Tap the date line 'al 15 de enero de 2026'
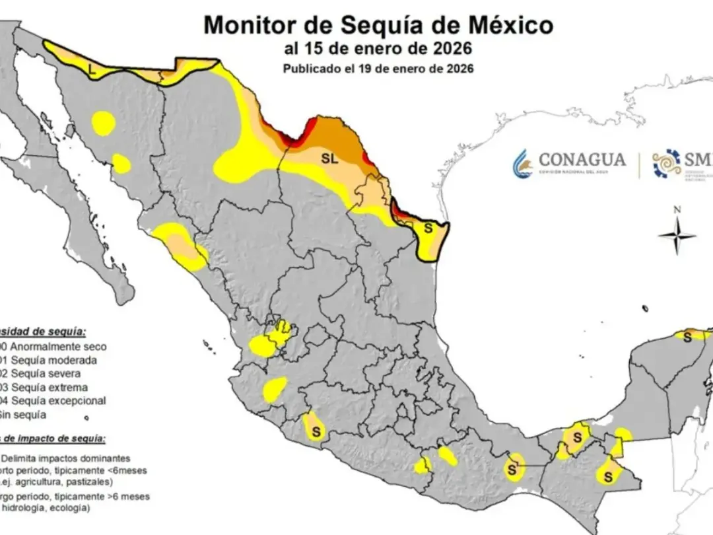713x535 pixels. (378, 49)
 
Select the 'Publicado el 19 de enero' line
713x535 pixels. (378, 68)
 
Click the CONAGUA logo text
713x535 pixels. (582, 160)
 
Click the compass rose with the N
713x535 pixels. (677, 235)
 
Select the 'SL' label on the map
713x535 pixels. (329, 159)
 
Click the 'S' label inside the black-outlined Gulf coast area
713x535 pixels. (427, 229)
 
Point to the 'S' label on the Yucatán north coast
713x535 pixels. (687, 338)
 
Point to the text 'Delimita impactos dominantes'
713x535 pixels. (65, 458)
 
